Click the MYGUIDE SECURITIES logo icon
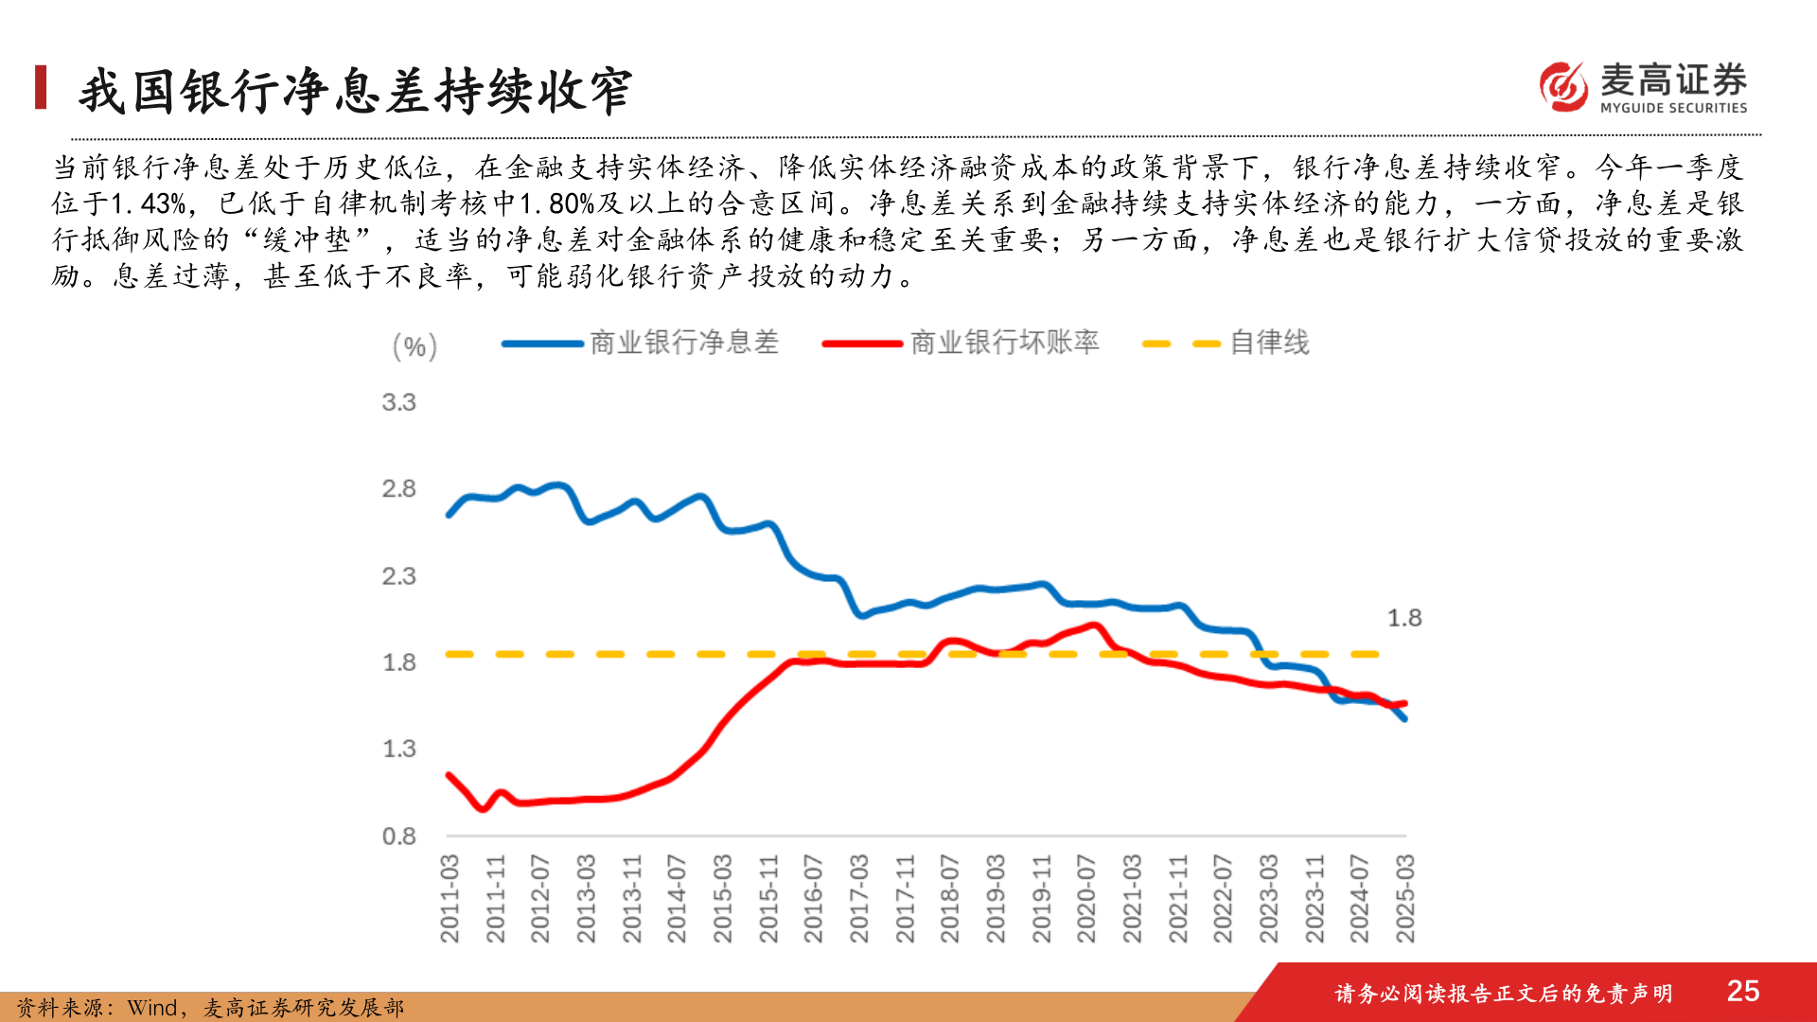[x=1563, y=86]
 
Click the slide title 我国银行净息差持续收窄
[x=356, y=92]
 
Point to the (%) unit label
[x=415, y=346]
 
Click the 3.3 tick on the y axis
[x=398, y=402]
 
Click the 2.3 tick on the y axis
[x=398, y=576]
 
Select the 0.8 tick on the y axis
[x=398, y=837]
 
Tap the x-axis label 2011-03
[x=450, y=898]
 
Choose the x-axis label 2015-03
[x=722, y=898]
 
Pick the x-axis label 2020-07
[x=1085, y=898]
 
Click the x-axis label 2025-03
[x=1404, y=898]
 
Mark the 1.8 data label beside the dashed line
[x=1404, y=618]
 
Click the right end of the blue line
[x=1404, y=719]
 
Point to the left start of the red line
[x=449, y=775]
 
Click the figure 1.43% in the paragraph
[x=150, y=204]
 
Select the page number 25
[x=1742, y=991]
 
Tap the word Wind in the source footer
[x=151, y=1008]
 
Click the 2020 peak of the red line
[x=1094, y=625]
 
